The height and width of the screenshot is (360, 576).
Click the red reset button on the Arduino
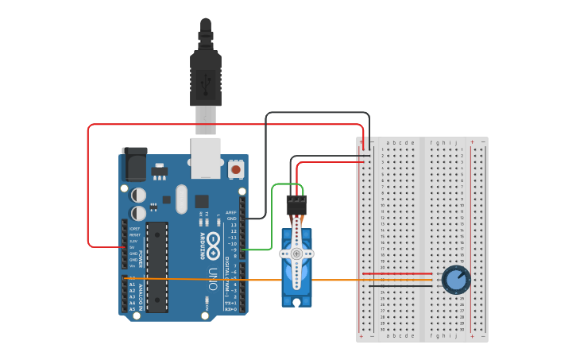(x=236, y=168)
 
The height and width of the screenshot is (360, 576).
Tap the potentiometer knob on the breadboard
(x=456, y=280)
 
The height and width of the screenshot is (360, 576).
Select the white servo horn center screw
(x=296, y=254)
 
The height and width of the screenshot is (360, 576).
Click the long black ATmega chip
(x=157, y=267)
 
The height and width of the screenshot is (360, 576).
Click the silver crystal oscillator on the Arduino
(x=181, y=199)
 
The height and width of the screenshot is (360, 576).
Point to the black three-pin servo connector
(x=296, y=204)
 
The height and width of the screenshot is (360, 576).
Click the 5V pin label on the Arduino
(x=133, y=247)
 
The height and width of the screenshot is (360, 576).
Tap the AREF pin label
(x=231, y=212)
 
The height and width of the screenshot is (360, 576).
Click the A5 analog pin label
(x=133, y=309)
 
